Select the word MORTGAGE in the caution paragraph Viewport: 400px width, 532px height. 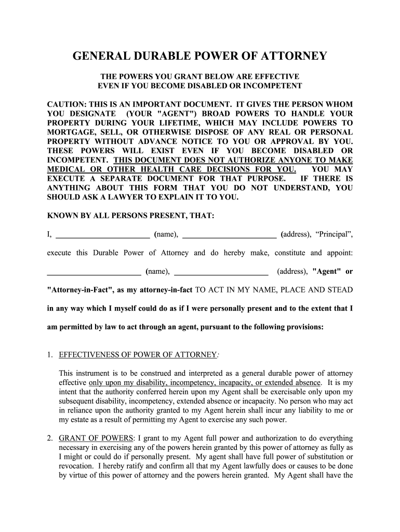(x=71, y=132)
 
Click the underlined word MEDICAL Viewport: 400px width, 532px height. (x=66, y=169)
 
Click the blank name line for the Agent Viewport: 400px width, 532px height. (x=94, y=271)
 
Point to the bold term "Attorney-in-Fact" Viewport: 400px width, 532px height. (x=79, y=289)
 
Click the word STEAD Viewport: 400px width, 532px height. (x=339, y=289)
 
